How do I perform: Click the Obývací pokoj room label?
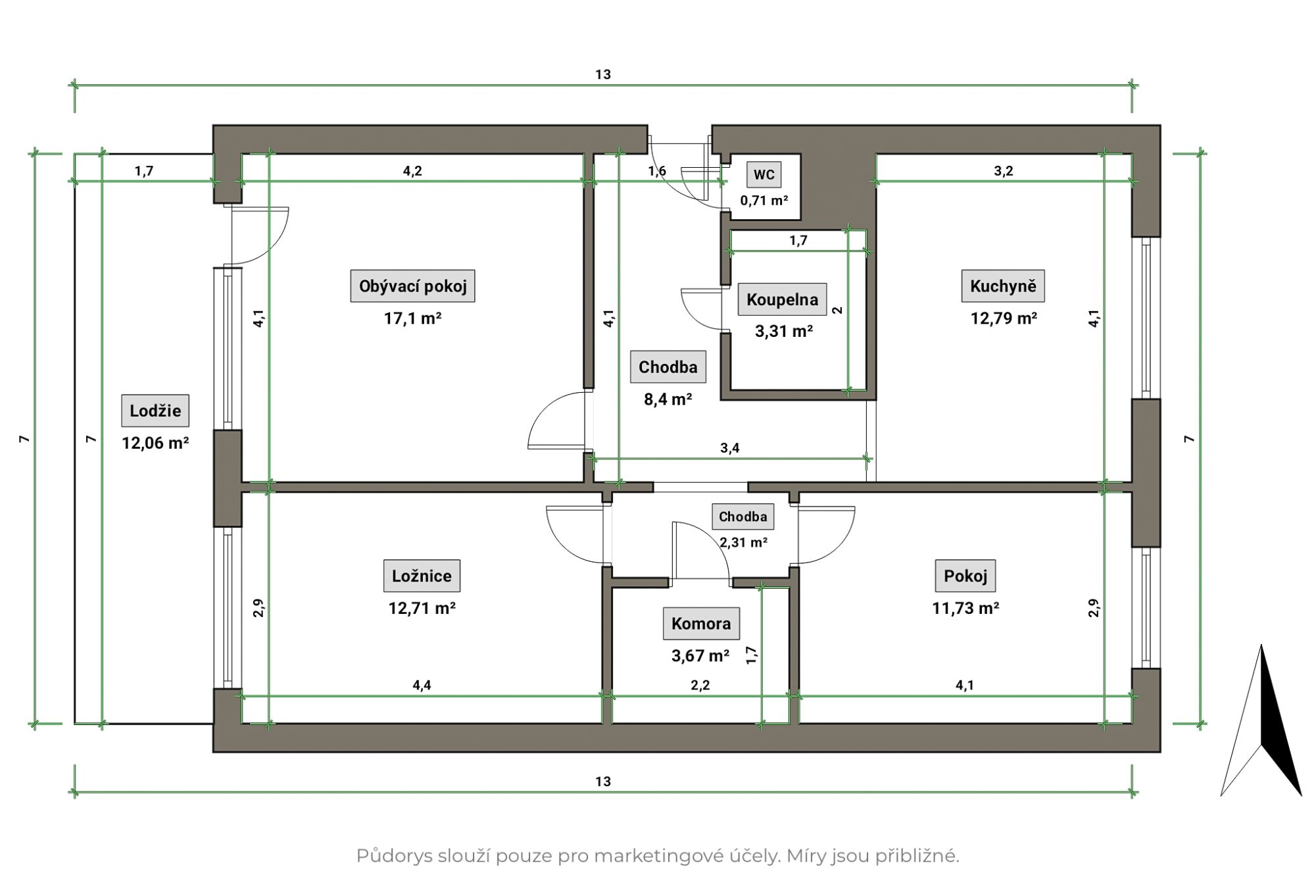(412, 286)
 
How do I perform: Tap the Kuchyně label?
(1003, 286)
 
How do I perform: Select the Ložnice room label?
(422, 576)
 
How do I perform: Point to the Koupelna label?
(782, 299)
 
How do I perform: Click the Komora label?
(701, 623)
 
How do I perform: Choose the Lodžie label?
(155, 411)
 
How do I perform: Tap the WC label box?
(764, 174)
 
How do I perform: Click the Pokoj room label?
(965, 576)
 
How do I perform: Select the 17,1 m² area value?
(412, 318)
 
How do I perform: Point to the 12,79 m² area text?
(1004, 318)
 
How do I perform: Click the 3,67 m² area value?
(700, 655)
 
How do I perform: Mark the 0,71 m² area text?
(764, 200)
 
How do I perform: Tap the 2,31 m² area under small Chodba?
(743, 542)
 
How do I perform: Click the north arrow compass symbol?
(1261, 720)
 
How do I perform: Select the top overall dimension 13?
(603, 74)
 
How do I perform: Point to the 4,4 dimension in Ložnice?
(422, 685)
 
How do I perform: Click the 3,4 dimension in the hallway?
(729, 448)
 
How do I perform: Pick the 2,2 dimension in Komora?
(700, 685)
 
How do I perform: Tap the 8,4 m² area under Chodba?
(668, 399)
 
